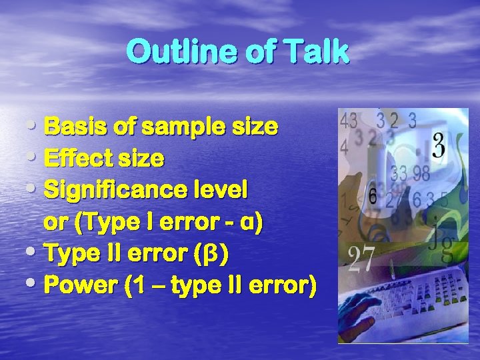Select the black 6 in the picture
[x=373, y=197]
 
